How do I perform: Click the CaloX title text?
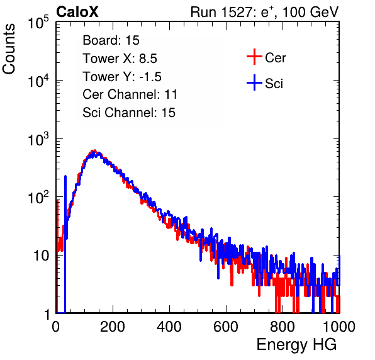tap(77, 12)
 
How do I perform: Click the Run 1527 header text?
tap(264, 12)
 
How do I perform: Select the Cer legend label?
tap(275, 58)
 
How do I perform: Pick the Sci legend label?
tap(274, 84)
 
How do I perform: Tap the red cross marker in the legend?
tap(254, 57)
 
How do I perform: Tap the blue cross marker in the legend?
tap(254, 82)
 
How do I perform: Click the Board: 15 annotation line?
tap(111, 40)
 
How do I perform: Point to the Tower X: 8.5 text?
tap(120, 59)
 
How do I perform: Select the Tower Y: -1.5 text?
tap(122, 77)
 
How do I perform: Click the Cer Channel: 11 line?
tap(130, 94)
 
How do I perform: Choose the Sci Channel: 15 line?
tap(129, 113)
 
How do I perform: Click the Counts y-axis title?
tap(9, 49)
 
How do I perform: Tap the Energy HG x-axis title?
tap(296, 345)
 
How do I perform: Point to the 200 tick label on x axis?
tap(113, 327)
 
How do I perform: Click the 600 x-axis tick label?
tap(226, 327)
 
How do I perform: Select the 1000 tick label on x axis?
tap(339, 327)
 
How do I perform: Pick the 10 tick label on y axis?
tap(42, 256)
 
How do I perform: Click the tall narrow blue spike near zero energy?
tap(65, 244)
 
